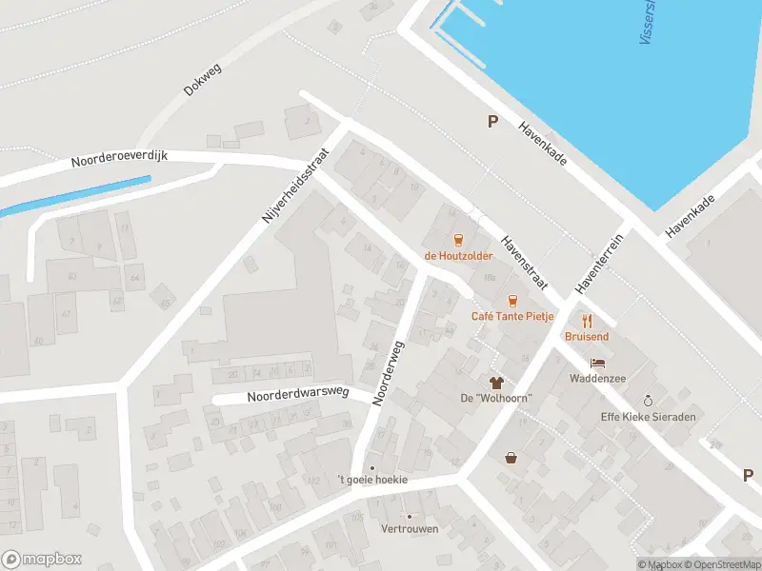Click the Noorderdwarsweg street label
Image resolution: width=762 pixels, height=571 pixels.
point(298,394)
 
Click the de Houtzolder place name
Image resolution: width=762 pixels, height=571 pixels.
point(459,256)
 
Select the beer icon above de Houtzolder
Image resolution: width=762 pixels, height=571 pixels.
point(459,239)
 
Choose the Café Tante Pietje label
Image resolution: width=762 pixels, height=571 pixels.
point(512,316)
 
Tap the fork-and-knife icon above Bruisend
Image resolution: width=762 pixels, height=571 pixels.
point(587,320)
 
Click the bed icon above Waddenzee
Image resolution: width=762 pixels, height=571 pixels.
point(597,363)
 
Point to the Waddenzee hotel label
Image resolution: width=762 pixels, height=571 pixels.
point(597,378)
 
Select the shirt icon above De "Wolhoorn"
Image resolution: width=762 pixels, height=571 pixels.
point(495,382)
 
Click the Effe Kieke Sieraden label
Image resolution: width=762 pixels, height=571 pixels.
point(649,417)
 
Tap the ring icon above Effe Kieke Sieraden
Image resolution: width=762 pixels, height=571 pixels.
point(649,401)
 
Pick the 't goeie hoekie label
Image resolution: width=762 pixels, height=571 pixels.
point(372,480)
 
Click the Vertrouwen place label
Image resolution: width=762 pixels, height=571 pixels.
point(410,529)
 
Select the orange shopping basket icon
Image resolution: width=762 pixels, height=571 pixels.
point(511,458)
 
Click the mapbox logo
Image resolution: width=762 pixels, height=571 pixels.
point(42,560)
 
